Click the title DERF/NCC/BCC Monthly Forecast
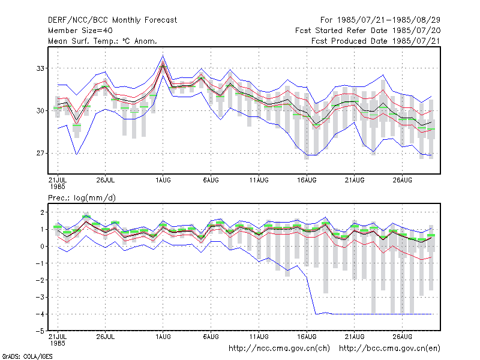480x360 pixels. click(x=112, y=20)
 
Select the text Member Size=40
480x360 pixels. click(x=80, y=31)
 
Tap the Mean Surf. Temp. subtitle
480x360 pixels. click(x=103, y=41)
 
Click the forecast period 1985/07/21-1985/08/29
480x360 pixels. click(x=380, y=20)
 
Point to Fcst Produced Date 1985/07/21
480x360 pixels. click(x=376, y=41)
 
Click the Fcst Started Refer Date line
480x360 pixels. click(x=368, y=31)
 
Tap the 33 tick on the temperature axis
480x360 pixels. click(x=40, y=68)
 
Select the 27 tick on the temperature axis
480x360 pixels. click(x=40, y=153)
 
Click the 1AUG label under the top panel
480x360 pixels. click(x=163, y=180)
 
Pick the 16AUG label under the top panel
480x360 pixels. click(x=307, y=180)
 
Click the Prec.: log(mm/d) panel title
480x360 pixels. click(x=82, y=198)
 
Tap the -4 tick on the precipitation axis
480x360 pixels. click(x=40, y=314)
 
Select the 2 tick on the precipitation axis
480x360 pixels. click(x=42, y=212)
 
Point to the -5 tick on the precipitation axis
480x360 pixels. click(x=40, y=331)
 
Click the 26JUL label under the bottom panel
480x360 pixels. click(x=106, y=337)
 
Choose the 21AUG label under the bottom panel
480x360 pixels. click(x=355, y=337)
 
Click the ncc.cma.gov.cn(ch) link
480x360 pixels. click(x=279, y=349)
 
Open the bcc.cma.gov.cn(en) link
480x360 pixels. click(x=389, y=349)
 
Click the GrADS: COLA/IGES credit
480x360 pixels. click(x=27, y=356)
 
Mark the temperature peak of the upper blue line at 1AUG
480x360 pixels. click(x=163, y=55)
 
